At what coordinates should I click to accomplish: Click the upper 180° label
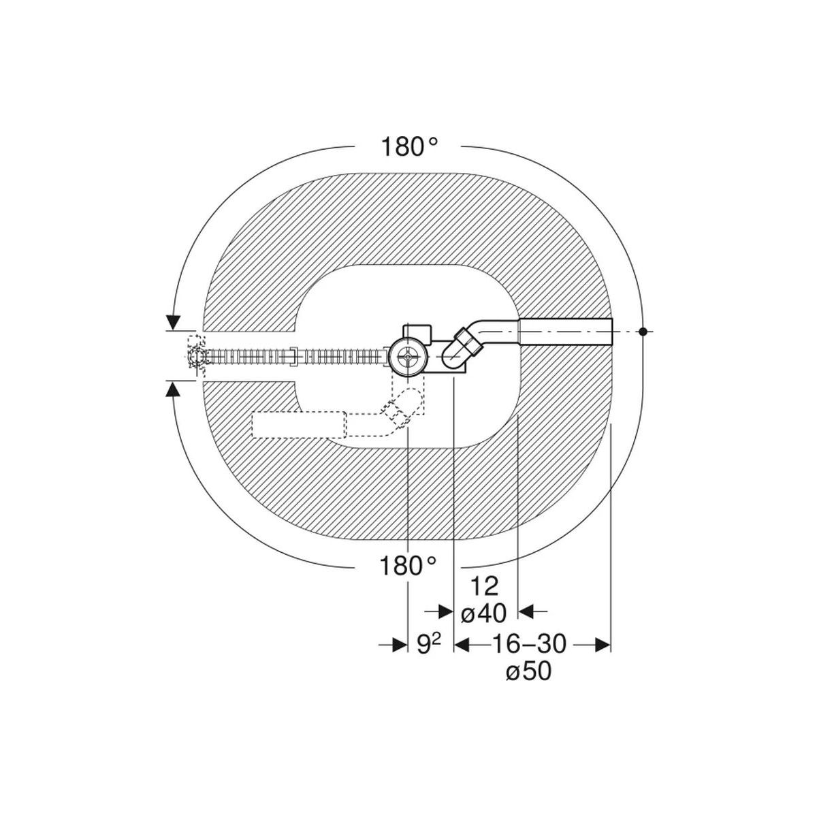(409, 146)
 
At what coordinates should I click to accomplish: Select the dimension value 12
(484, 587)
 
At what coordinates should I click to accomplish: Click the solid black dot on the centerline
(643, 332)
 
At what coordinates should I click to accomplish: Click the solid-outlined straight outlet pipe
(566, 332)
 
